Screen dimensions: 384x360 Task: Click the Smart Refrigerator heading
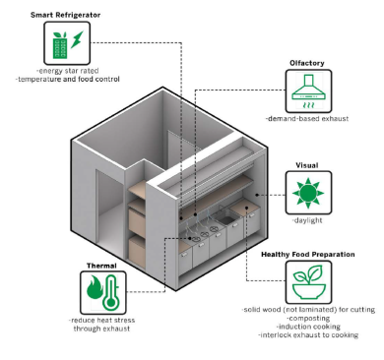(66, 15)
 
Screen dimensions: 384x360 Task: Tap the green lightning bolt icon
(78, 39)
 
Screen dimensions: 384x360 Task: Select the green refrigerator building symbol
(60, 45)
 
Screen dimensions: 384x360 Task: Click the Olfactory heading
(307, 63)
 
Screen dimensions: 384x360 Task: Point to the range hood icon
(308, 91)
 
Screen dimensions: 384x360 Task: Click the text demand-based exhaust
(307, 119)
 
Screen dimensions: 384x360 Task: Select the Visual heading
(307, 165)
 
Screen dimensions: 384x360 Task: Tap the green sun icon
(308, 193)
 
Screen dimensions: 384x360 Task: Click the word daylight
(307, 220)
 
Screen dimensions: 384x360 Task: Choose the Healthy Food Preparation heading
(308, 255)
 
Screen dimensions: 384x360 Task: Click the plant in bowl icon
(308, 282)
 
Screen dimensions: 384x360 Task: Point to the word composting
(308, 318)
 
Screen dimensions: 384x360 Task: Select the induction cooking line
(308, 327)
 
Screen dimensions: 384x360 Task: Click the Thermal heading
(101, 266)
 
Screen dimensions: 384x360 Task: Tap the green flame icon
(95, 288)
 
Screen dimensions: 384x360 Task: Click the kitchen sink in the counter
(226, 218)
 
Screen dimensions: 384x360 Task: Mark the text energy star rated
(67, 71)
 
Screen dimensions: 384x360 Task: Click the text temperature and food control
(68, 80)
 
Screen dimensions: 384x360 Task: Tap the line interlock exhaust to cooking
(308, 335)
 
